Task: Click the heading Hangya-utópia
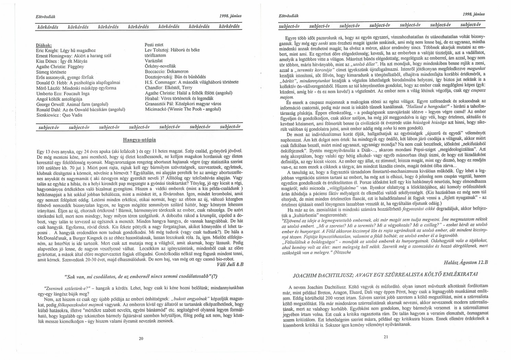coord(139,140)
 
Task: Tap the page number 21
coord(385,337)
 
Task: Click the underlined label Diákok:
coord(44,45)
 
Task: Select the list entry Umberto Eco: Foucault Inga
coord(63,94)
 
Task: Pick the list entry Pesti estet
coord(154,45)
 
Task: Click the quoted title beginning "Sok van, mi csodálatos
coord(141,276)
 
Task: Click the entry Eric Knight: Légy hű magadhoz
coord(66,50)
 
